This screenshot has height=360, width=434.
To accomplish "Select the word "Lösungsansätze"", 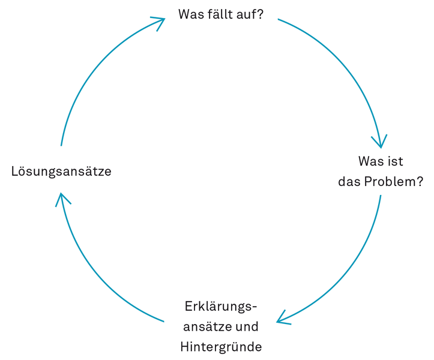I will click(x=61, y=172).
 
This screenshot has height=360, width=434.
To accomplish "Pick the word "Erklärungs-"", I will click(x=221, y=307).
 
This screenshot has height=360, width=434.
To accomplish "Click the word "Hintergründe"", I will click(x=221, y=347).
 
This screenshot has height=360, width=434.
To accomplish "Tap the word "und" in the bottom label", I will click(x=247, y=327).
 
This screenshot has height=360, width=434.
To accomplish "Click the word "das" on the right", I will click(x=350, y=182).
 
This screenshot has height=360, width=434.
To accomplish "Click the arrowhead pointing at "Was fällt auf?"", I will click(x=160, y=20).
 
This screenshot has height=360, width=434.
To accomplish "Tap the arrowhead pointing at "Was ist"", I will click(x=380, y=143).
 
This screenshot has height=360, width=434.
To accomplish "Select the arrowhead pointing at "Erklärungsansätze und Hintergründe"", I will click(x=281, y=320).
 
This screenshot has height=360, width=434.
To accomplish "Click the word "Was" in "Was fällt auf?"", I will click(x=190, y=14).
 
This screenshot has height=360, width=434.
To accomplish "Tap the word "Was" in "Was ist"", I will click(x=370, y=161).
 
